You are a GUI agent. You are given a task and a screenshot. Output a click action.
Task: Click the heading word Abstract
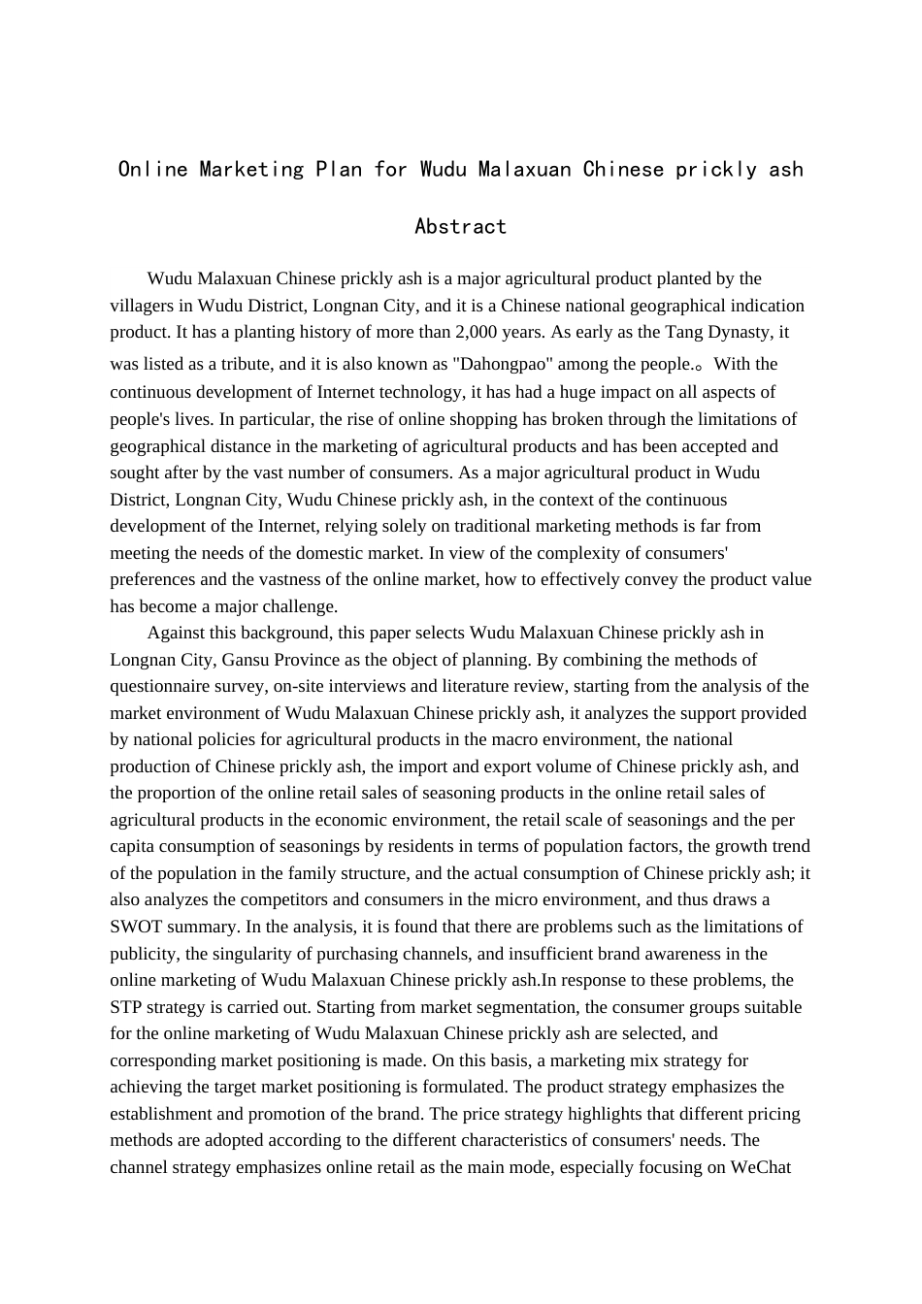[x=460, y=227]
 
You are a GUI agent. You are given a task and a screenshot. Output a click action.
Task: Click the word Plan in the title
[x=338, y=170]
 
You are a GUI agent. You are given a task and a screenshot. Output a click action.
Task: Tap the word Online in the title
[x=152, y=170]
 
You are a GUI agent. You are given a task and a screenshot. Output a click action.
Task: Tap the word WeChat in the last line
[x=762, y=1167]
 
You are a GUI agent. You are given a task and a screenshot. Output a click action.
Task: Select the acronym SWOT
[x=136, y=927]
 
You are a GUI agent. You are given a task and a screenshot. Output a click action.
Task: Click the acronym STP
[x=126, y=1007]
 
